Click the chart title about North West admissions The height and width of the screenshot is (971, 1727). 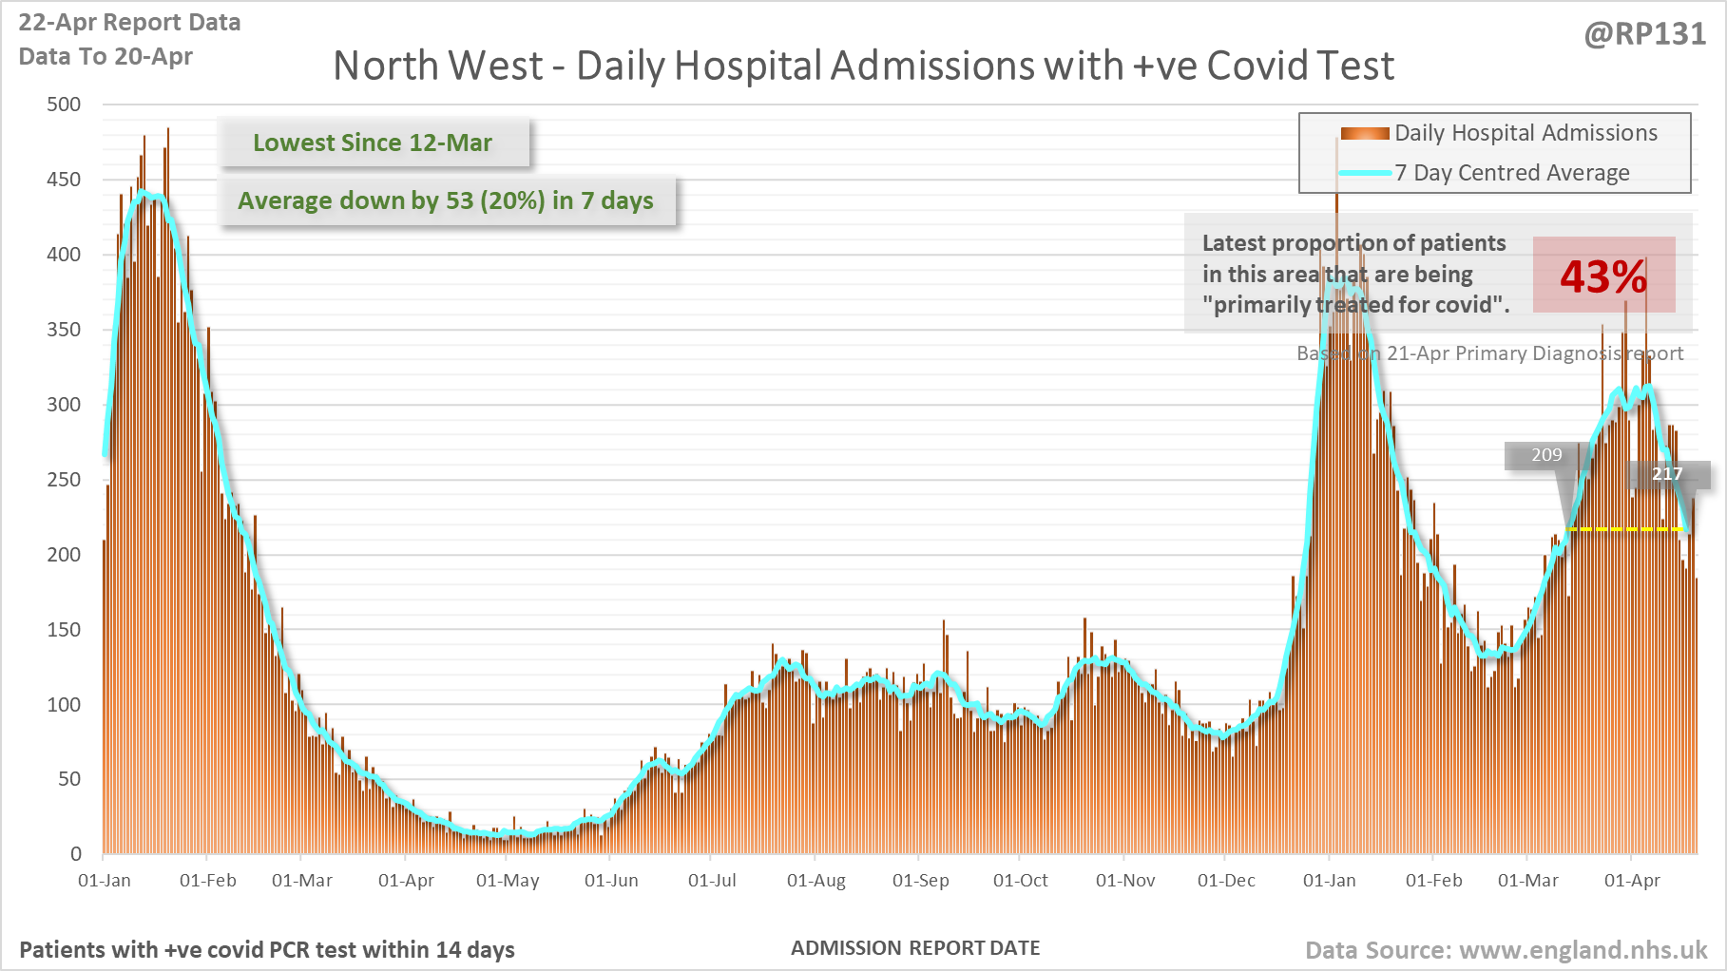pos(863,67)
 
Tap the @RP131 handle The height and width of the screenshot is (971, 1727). pos(1645,34)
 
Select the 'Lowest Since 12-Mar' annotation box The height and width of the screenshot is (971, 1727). pos(373,143)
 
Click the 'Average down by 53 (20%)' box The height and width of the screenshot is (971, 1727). pos(446,200)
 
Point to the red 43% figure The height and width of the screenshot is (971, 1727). pos(1602,276)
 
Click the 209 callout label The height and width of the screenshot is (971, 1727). pos(1545,455)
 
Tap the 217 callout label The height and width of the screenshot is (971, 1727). pos(1667,473)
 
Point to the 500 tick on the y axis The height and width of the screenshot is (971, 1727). pos(64,105)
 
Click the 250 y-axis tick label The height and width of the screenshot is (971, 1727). pos(64,480)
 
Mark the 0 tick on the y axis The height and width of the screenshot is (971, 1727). pos(76,853)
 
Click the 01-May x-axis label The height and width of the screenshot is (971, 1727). pos(508,881)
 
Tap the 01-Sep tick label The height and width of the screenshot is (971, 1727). pos(920,881)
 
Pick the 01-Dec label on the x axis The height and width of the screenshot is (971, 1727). pos(1226,881)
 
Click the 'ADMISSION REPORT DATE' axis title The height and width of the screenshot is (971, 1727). pos(915,948)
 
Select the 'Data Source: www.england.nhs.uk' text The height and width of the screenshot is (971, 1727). pos(1506,950)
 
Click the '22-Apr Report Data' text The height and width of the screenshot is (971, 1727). pos(129,23)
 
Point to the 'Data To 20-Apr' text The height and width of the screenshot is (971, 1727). pos(106,57)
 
